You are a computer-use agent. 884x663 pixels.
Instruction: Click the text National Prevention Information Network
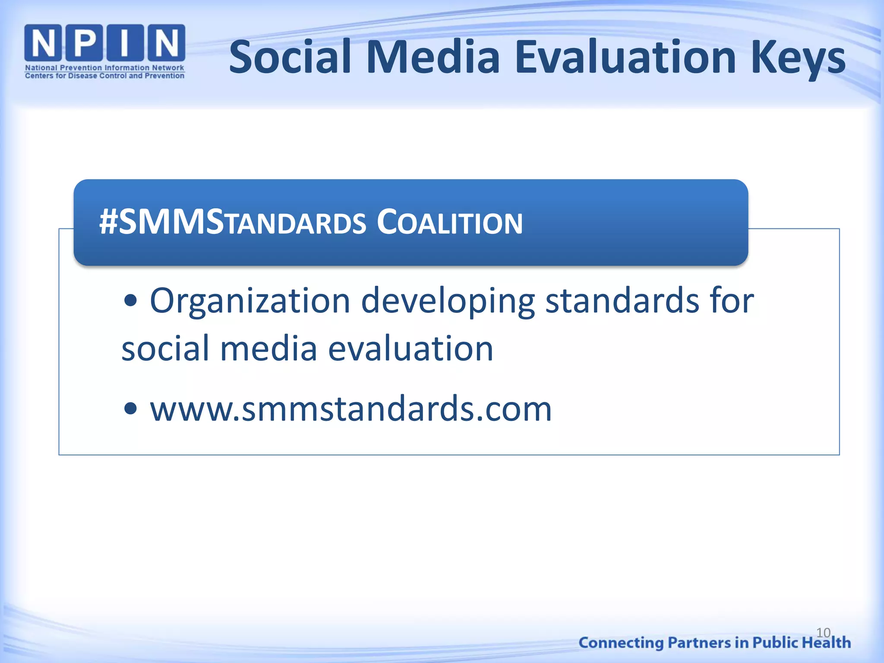coord(104,68)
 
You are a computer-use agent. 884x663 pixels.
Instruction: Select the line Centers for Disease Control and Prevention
coord(104,76)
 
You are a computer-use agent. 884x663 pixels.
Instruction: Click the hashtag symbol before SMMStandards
coord(108,223)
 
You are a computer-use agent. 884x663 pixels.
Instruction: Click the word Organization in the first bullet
coord(250,301)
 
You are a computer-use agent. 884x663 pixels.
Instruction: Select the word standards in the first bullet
coord(622,301)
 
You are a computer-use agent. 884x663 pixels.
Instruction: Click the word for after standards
coord(732,301)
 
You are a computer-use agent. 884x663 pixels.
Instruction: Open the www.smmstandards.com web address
coord(350,409)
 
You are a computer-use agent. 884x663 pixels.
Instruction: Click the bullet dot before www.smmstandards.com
coord(130,408)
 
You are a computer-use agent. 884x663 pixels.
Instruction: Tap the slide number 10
coord(823,633)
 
